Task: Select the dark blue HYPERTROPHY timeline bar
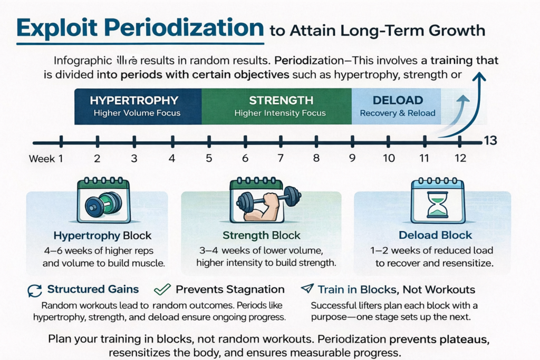coord(138,106)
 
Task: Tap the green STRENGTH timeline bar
coord(276,106)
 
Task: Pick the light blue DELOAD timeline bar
coord(396,106)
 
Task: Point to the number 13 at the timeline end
coord(490,141)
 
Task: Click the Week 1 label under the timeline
coord(46,159)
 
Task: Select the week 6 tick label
coord(245,159)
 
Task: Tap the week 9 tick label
coord(352,159)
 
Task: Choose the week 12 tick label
coord(460,159)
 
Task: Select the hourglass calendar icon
coord(437,201)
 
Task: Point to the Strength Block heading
coord(261,236)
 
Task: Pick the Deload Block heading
coord(436,236)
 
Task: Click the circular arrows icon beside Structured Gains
coord(34,290)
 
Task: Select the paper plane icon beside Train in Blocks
coord(306,289)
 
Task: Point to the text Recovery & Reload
coord(397,113)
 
